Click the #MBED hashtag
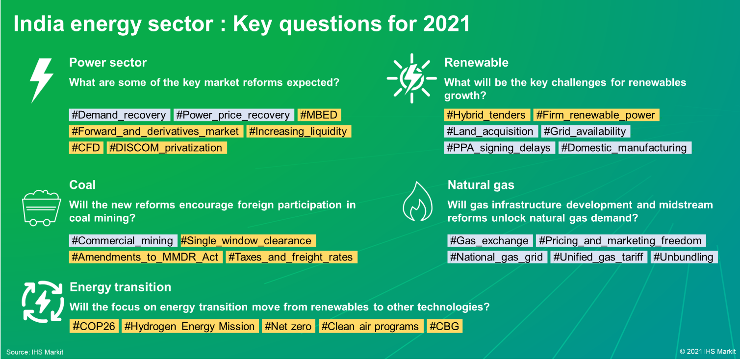pyautogui.click(x=319, y=115)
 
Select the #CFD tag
pyautogui.click(x=86, y=148)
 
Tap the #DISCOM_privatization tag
pyautogui.click(x=167, y=148)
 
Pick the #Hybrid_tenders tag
pyautogui.click(x=487, y=115)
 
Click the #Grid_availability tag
pyautogui.click(x=586, y=131)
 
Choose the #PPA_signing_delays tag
pyautogui.click(x=499, y=148)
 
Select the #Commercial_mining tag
pyautogui.click(x=123, y=240)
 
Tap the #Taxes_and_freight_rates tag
pyautogui.click(x=291, y=257)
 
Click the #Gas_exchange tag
pyautogui.click(x=490, y=240)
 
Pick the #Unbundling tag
pyautogui.click(x=684, y=257)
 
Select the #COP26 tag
pyautogui.click(x=94, y=326)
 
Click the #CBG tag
pyautogui.click(x=444, y=326)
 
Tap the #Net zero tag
pyautogui.click(x=288, y=326)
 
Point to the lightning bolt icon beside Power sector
pyautogui.click(x=41, y=80)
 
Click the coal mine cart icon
pyautogui.click(x=41, y=208)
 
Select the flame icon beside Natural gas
pyautogui.click(x=418, y=202)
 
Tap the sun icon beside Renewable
pyautogui.click(x=411, y=78)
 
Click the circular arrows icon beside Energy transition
pyautogui.click(x=43, y=302)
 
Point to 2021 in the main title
pyautogui.click(x=446, y=24)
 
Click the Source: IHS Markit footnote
pyautogui.click(x=35, y=352)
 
